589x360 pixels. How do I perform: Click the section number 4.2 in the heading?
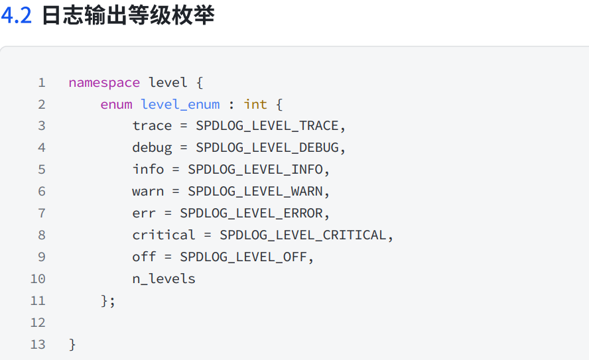(17, 16)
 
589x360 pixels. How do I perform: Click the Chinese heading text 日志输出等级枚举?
(128, 16)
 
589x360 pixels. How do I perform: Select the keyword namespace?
(104, 83)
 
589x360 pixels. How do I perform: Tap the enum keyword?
(116, 104)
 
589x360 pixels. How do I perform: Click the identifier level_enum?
(180, 104)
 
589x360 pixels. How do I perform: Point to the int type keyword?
(255, 104)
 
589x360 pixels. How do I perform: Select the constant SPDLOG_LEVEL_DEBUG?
(267, 147)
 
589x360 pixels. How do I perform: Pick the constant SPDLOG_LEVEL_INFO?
(255, 169)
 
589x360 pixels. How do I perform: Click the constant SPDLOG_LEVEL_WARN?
(255, 191)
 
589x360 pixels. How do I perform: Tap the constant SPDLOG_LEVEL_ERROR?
(251, 213)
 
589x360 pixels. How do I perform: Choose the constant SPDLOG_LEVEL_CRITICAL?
(303, 235)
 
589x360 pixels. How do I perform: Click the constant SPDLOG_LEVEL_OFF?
(243, 257)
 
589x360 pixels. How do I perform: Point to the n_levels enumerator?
(164, 278)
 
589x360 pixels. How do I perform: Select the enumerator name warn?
(148, 191)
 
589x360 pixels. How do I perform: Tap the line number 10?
(38, 278)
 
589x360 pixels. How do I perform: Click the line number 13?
(38, 344)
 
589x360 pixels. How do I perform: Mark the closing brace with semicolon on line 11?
(108, 300)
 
